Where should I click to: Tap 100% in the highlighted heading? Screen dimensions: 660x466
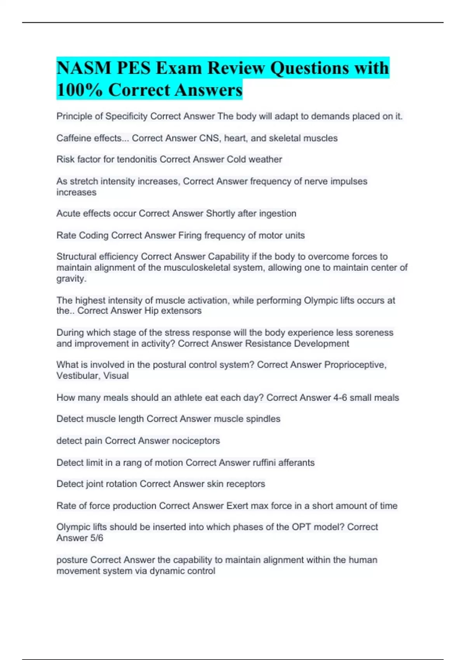point(80,90)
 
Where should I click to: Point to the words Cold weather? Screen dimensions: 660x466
point(254,160)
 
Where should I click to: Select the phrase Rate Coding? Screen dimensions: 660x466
point(82,235)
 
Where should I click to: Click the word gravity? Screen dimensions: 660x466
point(71,278)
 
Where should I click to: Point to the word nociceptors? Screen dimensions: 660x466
point(196,441)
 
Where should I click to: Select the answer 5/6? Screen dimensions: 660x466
point(96,538)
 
